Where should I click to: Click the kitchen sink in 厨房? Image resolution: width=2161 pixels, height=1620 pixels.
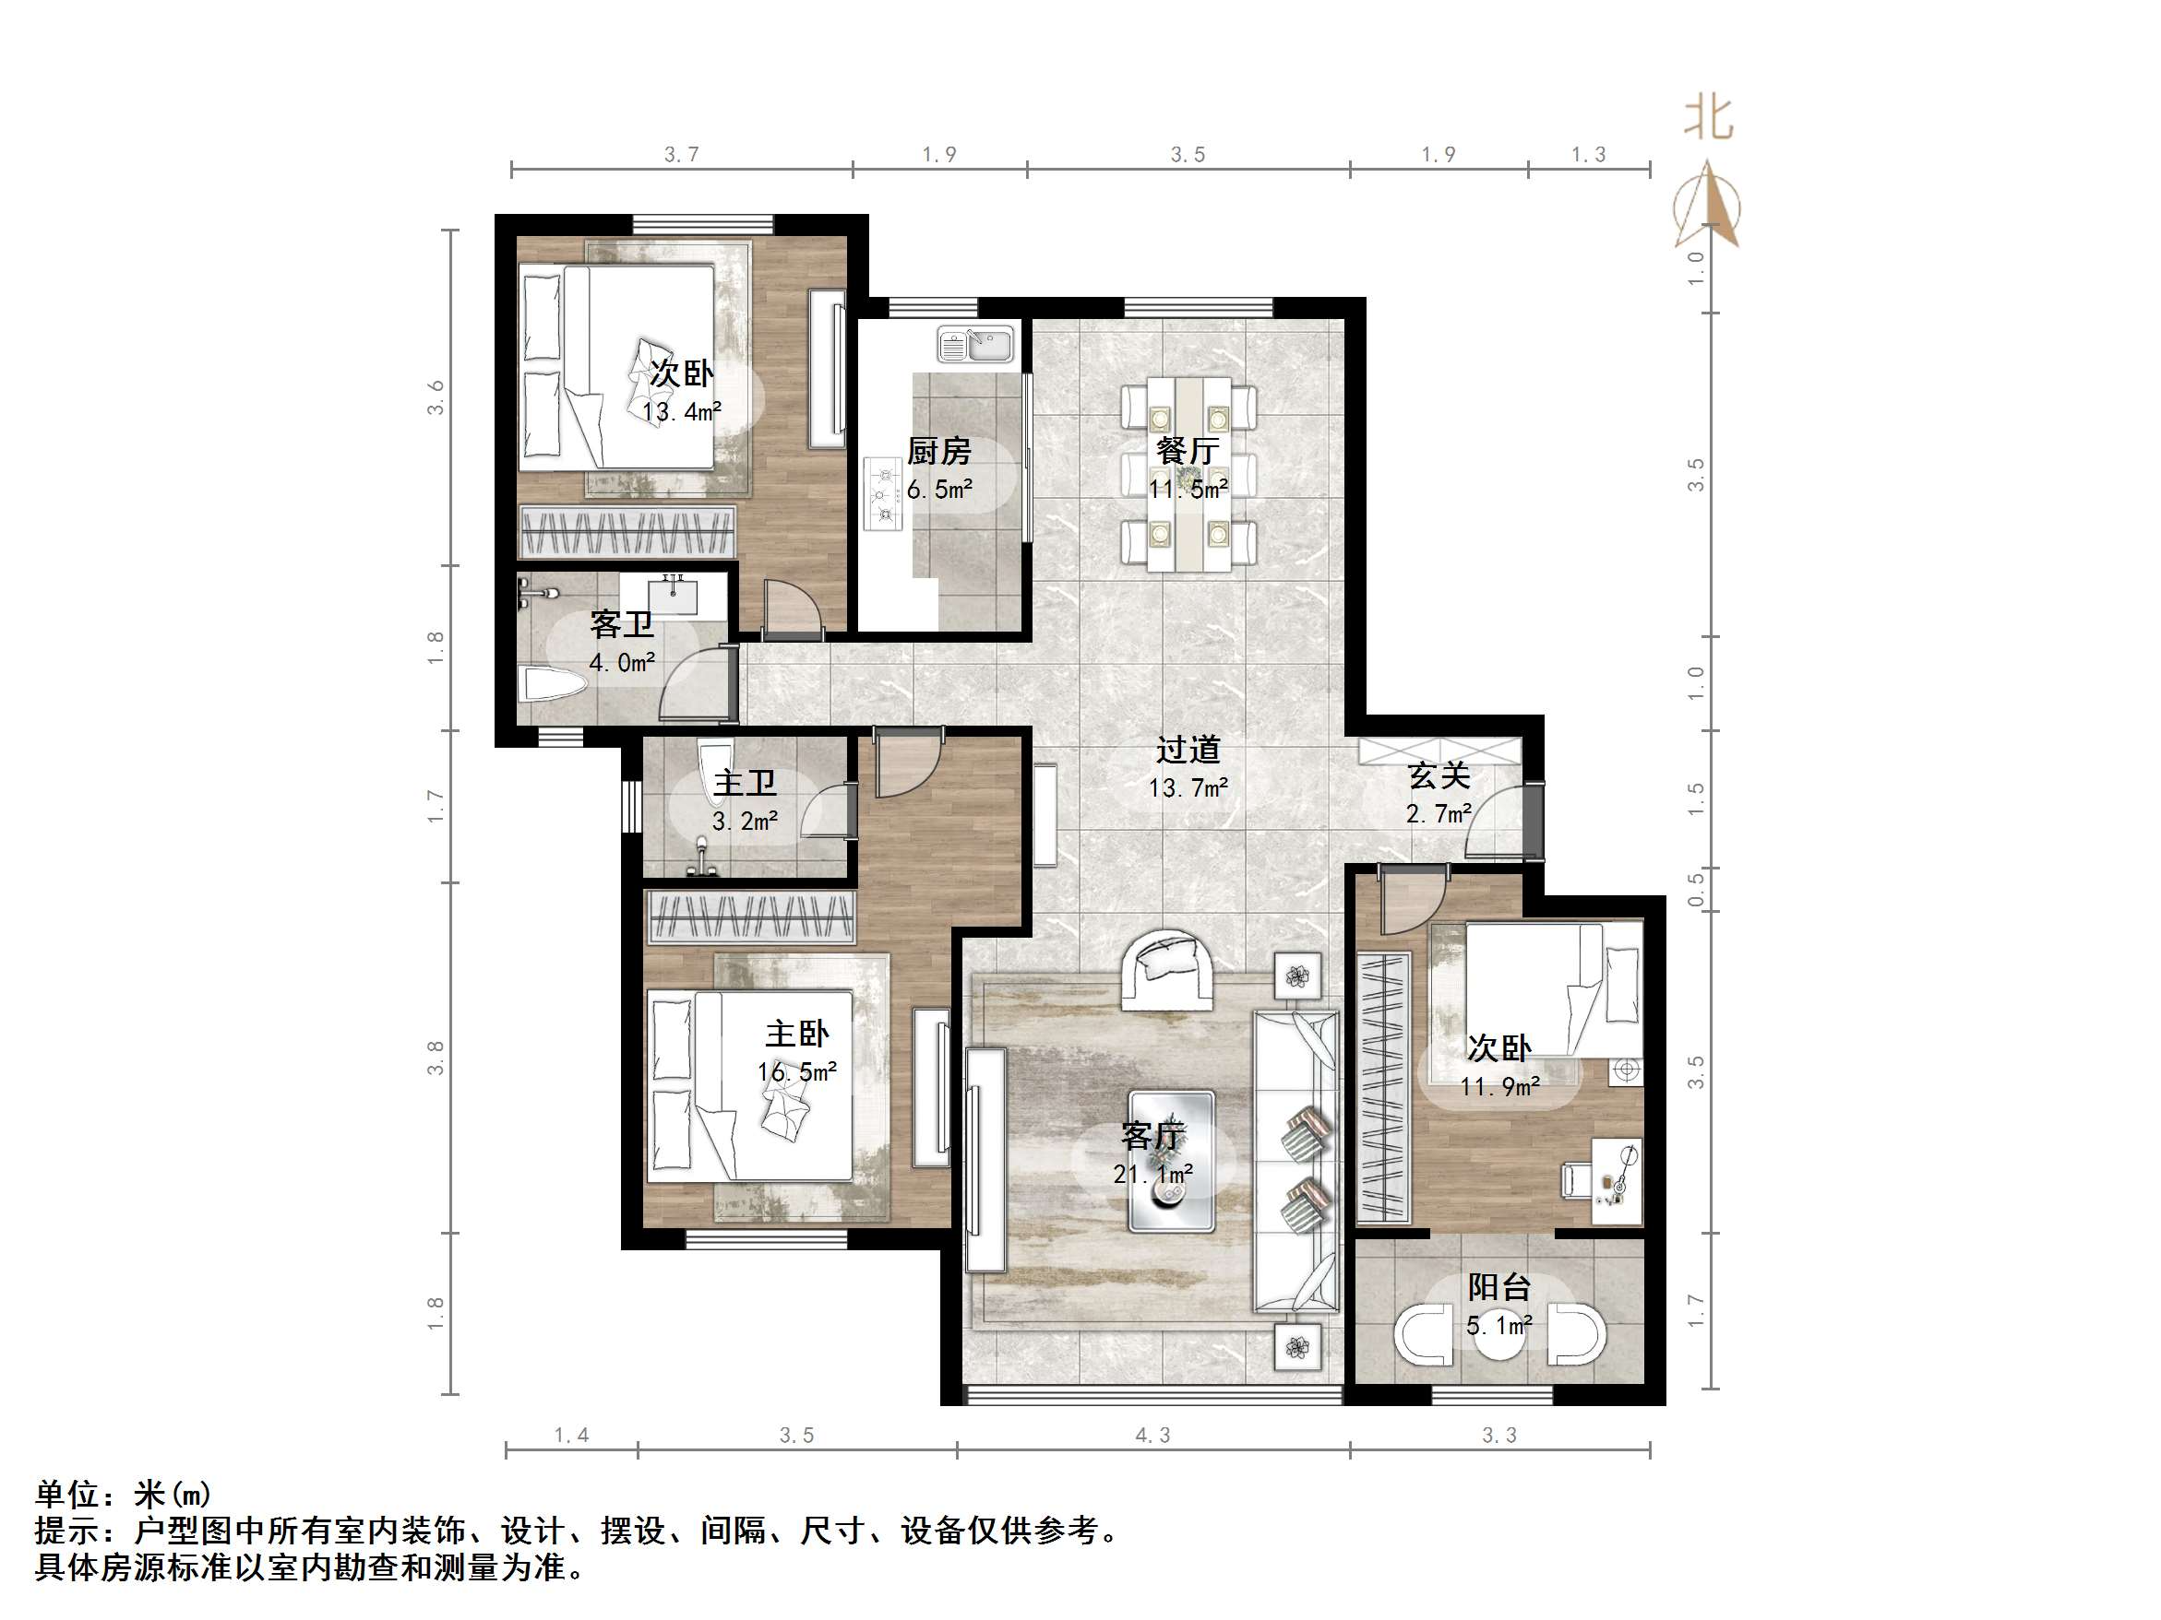pos(975,345)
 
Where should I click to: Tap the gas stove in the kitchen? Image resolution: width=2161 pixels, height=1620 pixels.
pos(883,495)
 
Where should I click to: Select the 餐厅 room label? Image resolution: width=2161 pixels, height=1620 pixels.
pos(1187,451)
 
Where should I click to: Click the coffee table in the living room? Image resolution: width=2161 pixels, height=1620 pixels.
pos(1171,1161)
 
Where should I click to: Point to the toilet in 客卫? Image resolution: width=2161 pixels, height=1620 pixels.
pos(552,683)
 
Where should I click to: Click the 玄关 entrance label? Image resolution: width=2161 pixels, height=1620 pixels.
pos(1439,776)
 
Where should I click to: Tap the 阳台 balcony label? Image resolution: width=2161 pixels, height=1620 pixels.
pos(1498,1287)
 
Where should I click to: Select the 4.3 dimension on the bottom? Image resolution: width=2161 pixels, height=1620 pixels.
pos(1152,1436)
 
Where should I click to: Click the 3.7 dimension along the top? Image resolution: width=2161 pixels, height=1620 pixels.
pos(681,154)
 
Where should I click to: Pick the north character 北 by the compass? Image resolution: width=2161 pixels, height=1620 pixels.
pos(1708,120)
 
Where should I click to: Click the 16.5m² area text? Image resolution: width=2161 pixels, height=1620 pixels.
pos(796,1072)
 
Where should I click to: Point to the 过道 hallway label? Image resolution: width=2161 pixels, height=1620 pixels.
pos(1188,750)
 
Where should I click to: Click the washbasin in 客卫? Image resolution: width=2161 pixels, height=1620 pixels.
pos(673,596)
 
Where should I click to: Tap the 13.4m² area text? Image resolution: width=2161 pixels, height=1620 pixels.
pos(682,412)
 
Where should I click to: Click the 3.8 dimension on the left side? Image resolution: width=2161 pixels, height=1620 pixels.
pos(436,1058)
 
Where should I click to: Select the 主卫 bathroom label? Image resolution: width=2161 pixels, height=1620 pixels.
pos(745,783)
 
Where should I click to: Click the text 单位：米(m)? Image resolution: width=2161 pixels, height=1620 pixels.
pos(123,1494)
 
